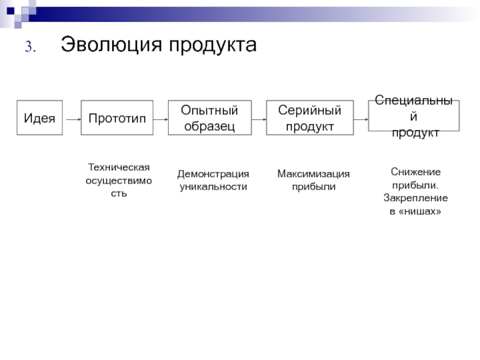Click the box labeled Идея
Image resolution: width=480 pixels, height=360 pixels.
[40, 118]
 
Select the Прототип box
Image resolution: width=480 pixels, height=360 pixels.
[117, 118]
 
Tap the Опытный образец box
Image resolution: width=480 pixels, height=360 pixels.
[209, 118]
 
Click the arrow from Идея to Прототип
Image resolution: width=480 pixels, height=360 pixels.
[71, 119]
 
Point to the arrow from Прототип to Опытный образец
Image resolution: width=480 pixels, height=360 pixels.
[160, 119]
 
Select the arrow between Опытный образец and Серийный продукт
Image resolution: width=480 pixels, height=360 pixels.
[258, 119]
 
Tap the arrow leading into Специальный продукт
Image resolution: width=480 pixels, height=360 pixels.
[360, 119]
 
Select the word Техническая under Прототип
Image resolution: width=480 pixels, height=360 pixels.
[118, 166]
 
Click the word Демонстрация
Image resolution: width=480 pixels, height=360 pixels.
[213, 174]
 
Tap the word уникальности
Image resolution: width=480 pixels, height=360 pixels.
[214, 187]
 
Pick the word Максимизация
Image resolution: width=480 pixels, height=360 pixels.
[313, 174]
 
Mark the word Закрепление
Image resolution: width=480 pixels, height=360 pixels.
[415, 198]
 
